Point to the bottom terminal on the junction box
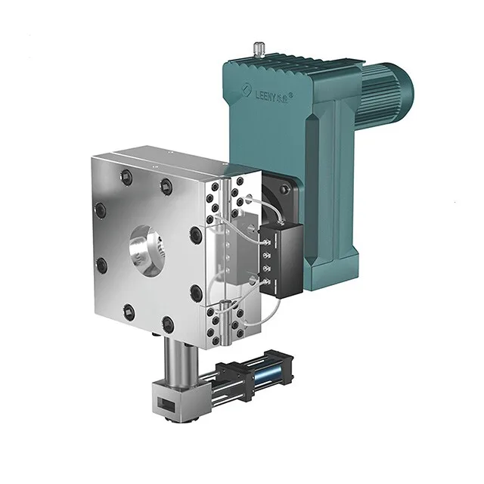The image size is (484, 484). point(265,281)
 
